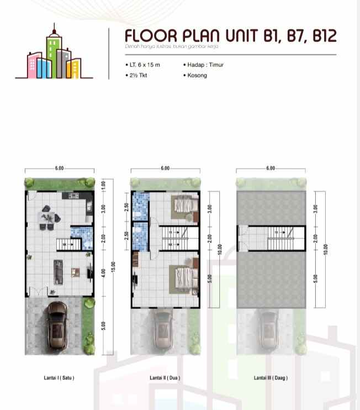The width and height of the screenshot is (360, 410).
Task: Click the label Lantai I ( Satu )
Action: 59,378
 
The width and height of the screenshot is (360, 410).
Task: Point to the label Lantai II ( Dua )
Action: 165,378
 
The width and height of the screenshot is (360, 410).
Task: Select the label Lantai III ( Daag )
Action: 271,378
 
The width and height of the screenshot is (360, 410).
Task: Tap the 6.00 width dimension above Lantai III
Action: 270,168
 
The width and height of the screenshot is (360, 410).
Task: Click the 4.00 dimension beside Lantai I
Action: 104,273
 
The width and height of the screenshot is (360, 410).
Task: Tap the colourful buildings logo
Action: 53,52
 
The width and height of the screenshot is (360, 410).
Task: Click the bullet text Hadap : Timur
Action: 204,65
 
